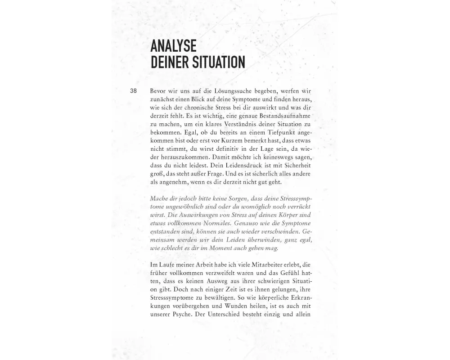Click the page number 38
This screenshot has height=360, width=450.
133,91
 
